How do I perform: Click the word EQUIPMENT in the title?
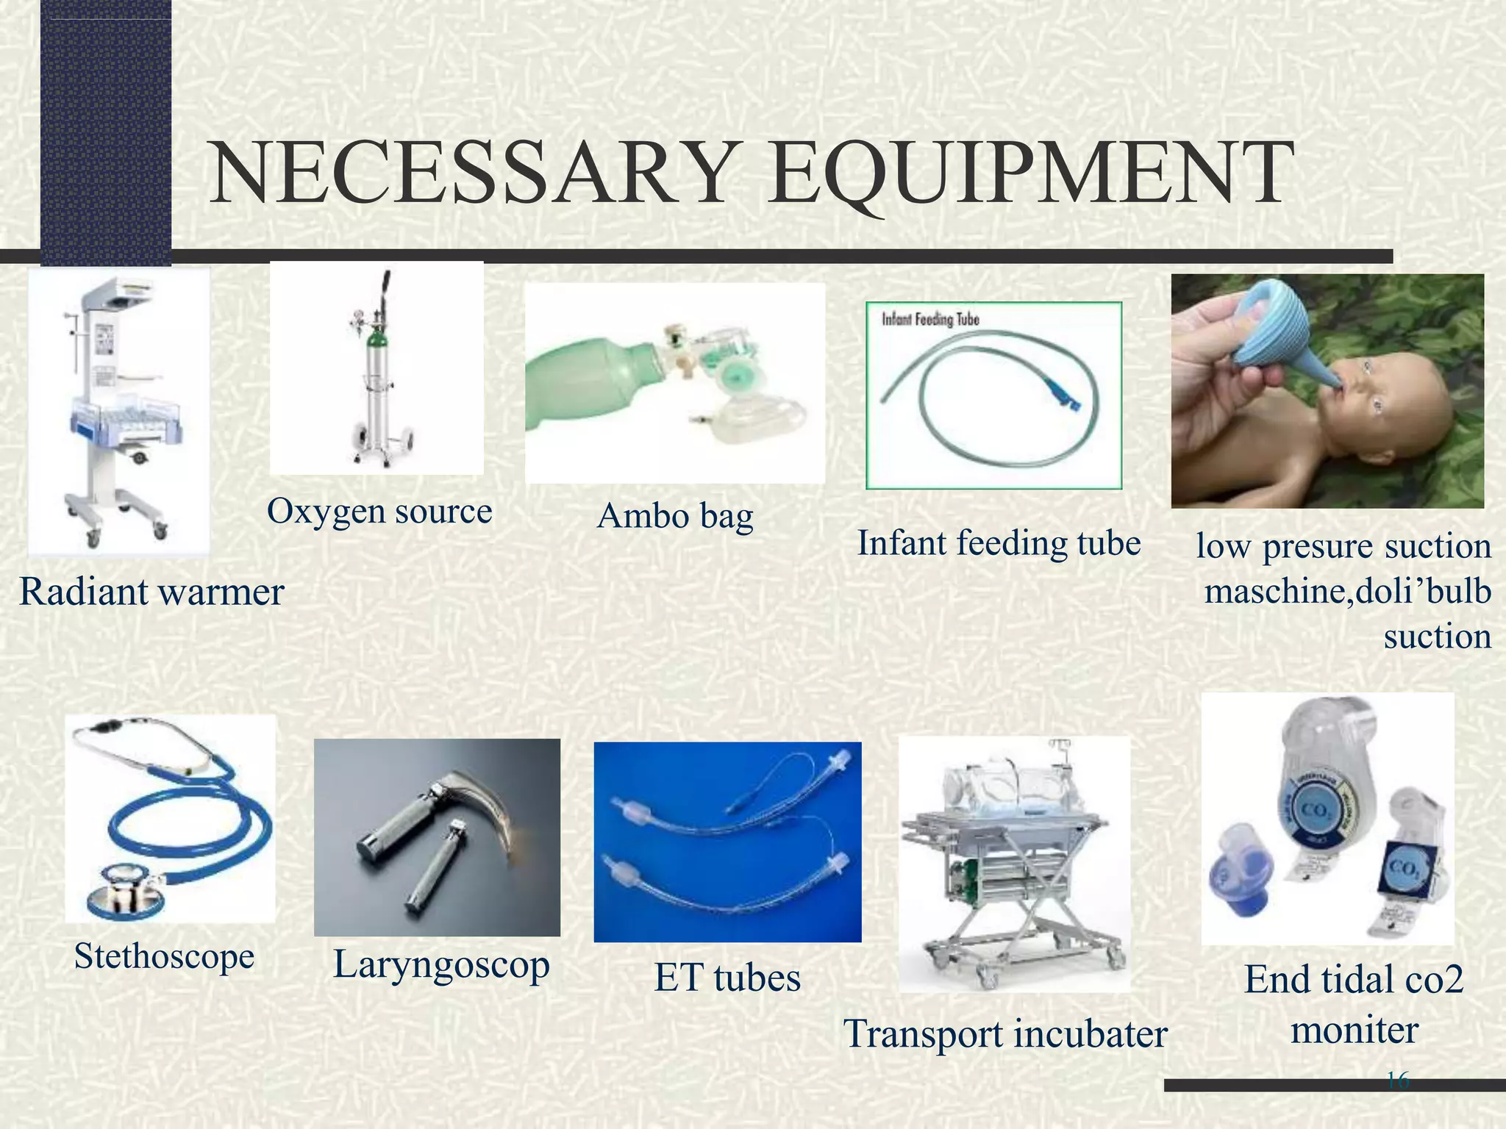tap(1029, 175)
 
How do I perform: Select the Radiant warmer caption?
tap(151, 592)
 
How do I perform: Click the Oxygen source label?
tap(379, 511)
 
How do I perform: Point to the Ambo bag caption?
tap(675, 516)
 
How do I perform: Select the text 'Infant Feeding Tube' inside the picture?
tap(930, 320)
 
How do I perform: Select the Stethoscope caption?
tap(164, 956)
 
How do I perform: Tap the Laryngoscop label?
tap(441, 964)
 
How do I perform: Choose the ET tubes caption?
tap(727, 978)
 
